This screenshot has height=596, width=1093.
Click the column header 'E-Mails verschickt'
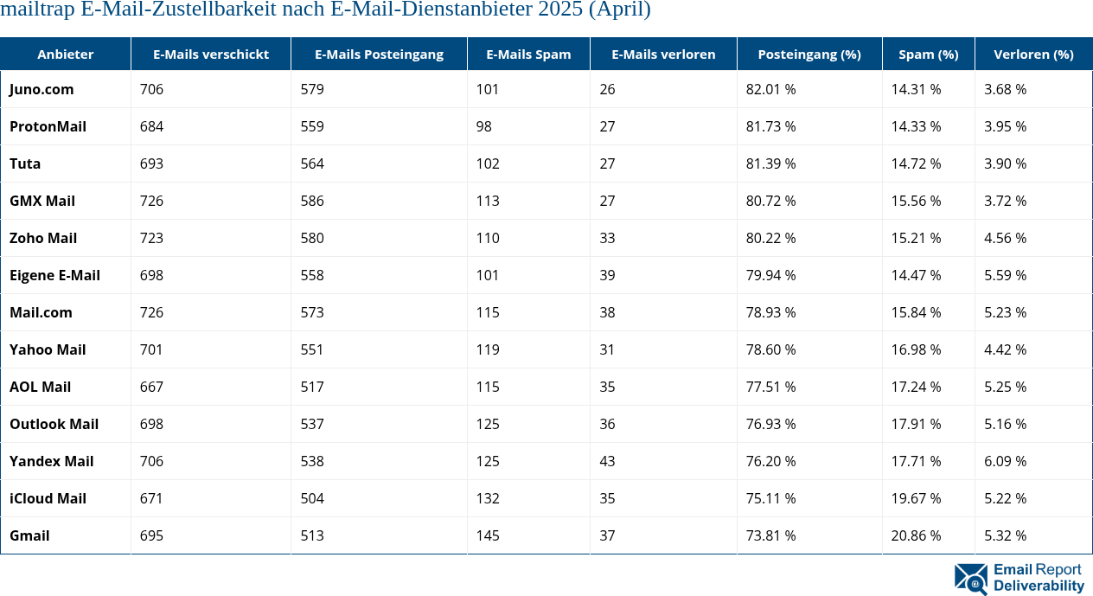pos(211,54)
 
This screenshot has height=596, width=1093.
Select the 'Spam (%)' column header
pos(928,54)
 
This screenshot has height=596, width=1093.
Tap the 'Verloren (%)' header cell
pos(1033,54)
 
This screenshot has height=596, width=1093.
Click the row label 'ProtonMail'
pos(48,126)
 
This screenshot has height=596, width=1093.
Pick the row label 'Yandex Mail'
pos(51,461)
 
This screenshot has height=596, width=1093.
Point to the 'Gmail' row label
pos(29,535)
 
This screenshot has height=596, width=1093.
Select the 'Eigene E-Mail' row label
pos(54,275)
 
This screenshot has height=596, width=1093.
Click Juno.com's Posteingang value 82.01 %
pos(770,89)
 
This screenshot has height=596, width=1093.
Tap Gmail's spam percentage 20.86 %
pos(916,535)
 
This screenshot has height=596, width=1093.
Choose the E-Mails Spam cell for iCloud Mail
pos(488,498)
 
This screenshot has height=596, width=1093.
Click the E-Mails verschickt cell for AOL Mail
pos(151,387)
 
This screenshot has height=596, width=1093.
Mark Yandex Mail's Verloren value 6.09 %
pos(1005,461)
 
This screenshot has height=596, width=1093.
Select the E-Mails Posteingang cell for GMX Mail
pos(312,201)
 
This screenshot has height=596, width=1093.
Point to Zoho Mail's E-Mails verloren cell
pos(607,238)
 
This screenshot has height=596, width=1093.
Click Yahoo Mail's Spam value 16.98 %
pos(916,349)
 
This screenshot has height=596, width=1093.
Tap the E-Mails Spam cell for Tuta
pos(488,163)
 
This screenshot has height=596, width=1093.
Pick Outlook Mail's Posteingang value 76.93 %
pos(770,424)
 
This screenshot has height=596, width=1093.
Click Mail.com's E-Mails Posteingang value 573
pos(312,312)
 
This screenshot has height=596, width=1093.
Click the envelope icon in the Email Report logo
pos(971,579)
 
